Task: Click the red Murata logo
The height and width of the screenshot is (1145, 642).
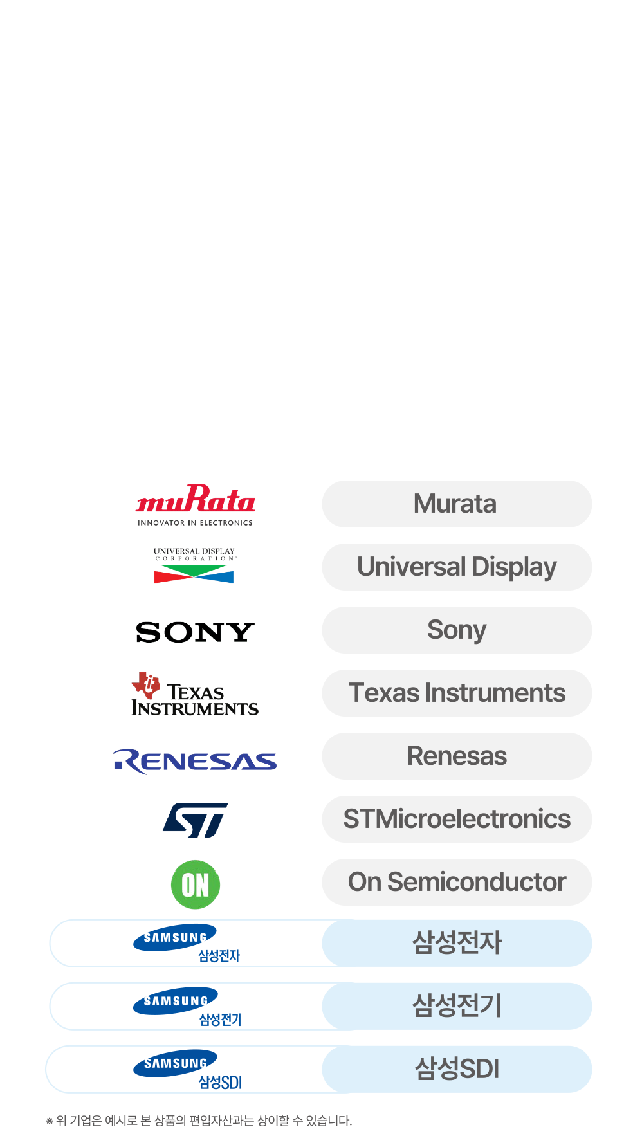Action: point(195,505)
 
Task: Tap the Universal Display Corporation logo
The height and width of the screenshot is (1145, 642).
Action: point(194,565)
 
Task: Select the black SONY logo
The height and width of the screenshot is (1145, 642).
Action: point(195,632)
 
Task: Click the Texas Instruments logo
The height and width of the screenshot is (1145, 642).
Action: point(195,694)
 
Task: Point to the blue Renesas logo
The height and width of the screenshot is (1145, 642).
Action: point(195,762)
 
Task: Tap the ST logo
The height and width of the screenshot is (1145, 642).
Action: point(196,820)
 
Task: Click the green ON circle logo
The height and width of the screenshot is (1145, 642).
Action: point(196,884)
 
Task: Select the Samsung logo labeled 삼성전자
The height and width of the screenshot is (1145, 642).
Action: point(187,943)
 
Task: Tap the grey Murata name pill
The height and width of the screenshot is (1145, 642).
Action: point(457,504)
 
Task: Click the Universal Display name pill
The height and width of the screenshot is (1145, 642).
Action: point(457,567)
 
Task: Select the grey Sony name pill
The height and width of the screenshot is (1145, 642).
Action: point(457,630)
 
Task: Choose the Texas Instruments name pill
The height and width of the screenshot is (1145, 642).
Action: point(457,693)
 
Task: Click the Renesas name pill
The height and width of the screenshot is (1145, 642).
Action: point(457,756)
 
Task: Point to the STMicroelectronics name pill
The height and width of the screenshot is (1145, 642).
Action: point(457,819)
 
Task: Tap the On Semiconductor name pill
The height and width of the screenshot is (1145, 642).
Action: point(457,882)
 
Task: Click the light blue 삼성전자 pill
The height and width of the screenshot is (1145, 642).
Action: point(457,943)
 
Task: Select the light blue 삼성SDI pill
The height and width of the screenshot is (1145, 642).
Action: point(457,1069)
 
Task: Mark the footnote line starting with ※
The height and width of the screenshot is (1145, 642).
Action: point(199,1121)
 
